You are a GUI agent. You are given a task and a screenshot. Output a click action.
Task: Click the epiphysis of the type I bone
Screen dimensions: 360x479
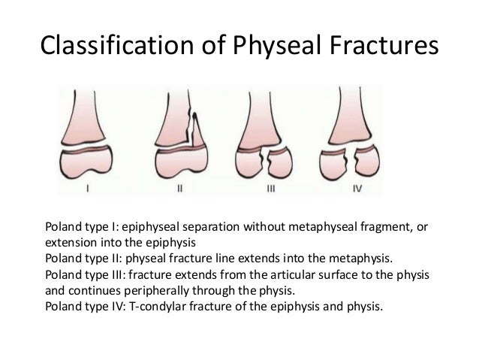point(91,163)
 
